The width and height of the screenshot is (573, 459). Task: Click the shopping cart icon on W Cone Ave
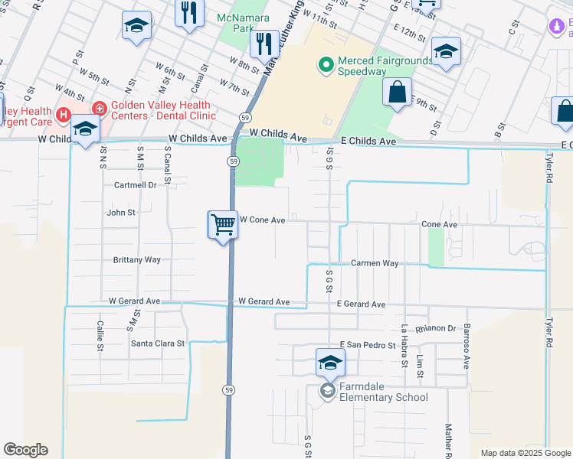tap(223, 225)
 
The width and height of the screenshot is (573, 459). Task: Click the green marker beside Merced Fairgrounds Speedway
tap(326, 66)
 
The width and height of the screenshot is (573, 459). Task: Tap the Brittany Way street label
tap(137, 260)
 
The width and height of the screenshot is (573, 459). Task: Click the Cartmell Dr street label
tap(135, 185)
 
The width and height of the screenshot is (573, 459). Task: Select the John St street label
tap(121, 213)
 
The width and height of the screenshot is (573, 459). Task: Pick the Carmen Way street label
tap(375, 263)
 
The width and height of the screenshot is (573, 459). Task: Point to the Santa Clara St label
tap(158, 343)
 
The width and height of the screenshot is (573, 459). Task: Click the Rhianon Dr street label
tap(436, 329)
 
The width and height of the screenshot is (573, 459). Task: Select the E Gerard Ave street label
tap(361, 304)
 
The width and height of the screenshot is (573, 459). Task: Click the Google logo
tap(25, 450)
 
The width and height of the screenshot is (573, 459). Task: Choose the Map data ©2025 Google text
tap(525, 453)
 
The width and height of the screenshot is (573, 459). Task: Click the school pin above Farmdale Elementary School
tap(329, 363)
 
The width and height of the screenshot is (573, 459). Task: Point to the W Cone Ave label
tap(262, 220)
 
